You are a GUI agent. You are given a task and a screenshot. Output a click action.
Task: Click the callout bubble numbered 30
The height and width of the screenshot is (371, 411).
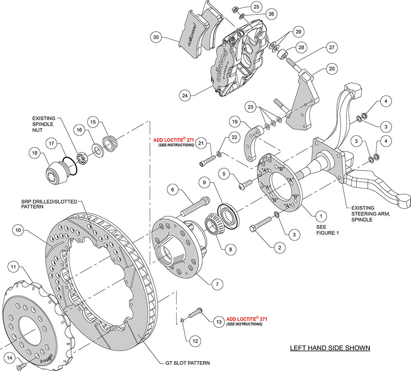(x=156, y=37)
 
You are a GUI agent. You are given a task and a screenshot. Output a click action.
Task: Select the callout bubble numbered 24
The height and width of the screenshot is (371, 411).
(x=186, y=95)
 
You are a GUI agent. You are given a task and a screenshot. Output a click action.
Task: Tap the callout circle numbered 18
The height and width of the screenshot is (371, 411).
(x=35, y=153)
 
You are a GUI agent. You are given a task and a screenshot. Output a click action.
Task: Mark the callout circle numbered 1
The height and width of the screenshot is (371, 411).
(x=318, y=215)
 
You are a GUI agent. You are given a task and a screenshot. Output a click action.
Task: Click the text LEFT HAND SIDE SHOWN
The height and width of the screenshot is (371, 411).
(x=330, y=348)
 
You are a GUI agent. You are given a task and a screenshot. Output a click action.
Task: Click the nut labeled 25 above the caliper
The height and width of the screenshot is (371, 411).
(x=236, y=9)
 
